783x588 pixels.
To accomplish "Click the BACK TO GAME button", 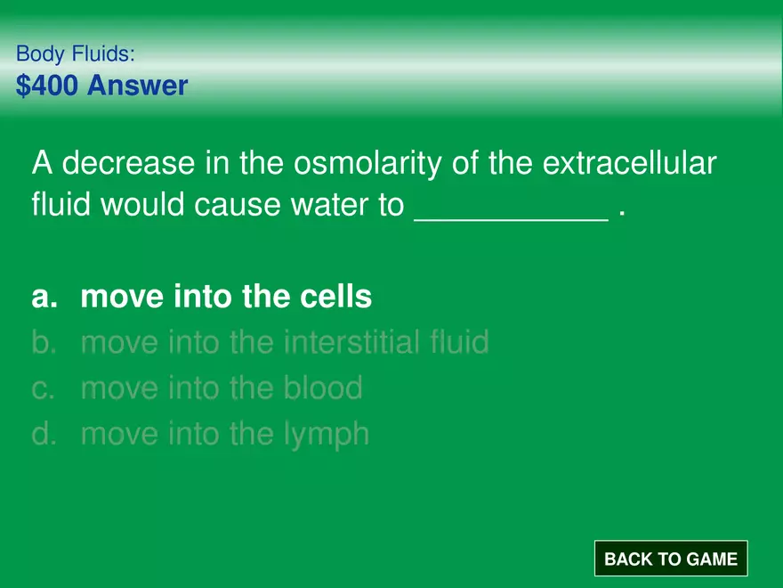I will [x=671, y=559].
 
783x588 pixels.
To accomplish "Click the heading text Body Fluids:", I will [x=76, y=54].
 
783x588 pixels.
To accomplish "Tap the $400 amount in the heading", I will [x=47, y=86].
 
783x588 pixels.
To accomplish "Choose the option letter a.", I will [x=44, y=298].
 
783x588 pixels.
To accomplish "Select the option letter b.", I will [x=44, y=342].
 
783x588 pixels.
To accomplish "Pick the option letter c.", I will [x=44, y=388].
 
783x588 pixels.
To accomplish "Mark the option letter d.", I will [x=44, y=435].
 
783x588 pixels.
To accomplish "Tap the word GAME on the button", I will [x=711, y=559].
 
